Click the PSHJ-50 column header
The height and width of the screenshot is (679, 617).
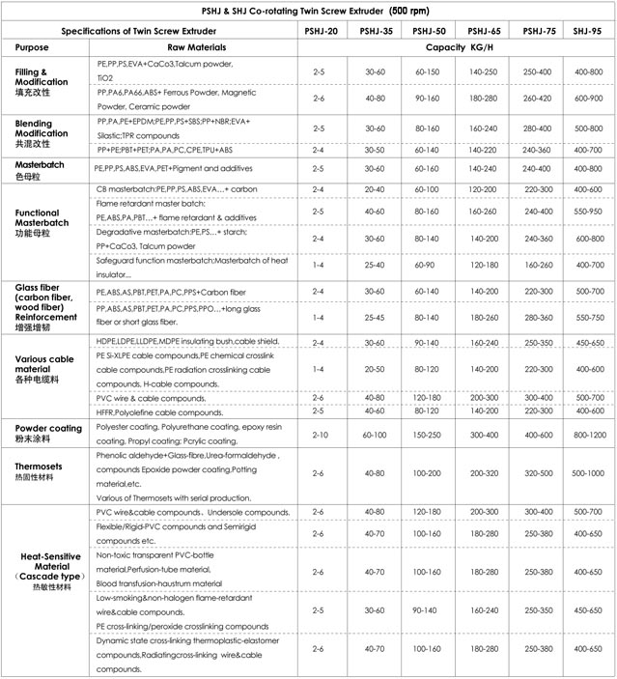tap(430, 31)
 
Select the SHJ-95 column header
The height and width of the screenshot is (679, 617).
tap(587, 31)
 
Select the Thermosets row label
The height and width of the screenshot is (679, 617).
tap(41, 467)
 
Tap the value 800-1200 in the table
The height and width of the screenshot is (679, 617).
tap(587, 435)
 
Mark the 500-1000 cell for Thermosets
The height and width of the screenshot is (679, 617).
tap(587, 473)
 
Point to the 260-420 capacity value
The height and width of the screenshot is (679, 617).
tap(538, 97)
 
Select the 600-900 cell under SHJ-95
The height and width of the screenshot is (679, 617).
tap(587, 97)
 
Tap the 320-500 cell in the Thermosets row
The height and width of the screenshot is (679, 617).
tap(538, 473)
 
